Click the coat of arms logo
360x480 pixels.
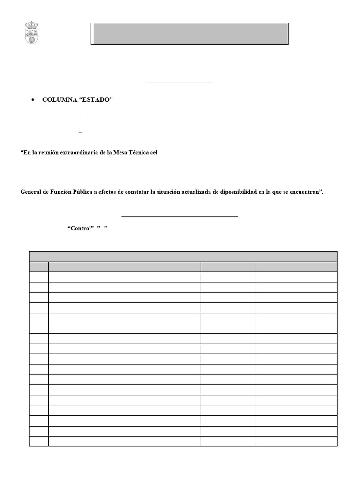[32, 33]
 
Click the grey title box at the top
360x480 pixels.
[189, 33]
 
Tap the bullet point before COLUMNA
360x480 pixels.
[33, 100]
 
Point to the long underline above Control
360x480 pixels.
[180, 216]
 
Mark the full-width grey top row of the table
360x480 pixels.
[183, 256]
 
